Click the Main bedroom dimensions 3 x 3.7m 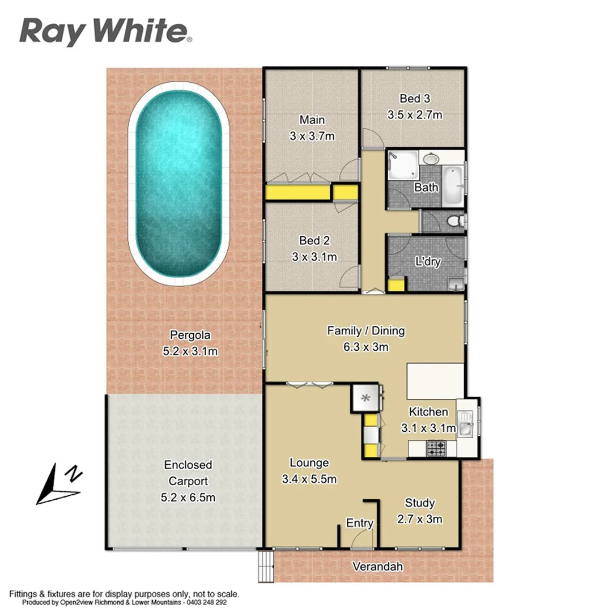pyautogui.click(x=312, y=136)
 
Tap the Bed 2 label pyautogui.click(x=314, y=240)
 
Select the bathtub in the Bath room pyautogui.click(x=454, y=185)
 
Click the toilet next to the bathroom pyautogui.click(x=455, y=222)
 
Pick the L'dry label pyautogui.click(x=428, y=262)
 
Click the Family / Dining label pyautogui.click(x=365, y=331)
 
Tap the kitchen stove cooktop pyautogui.click(x=436, y=449)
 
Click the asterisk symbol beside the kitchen pyautogui.click(x=366, y=398)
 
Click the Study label pyautogui.click(x=419, y=503)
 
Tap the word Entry pyautogui.click(x=359, y=523)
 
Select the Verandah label pyautogui.click(x=377, y=566)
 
